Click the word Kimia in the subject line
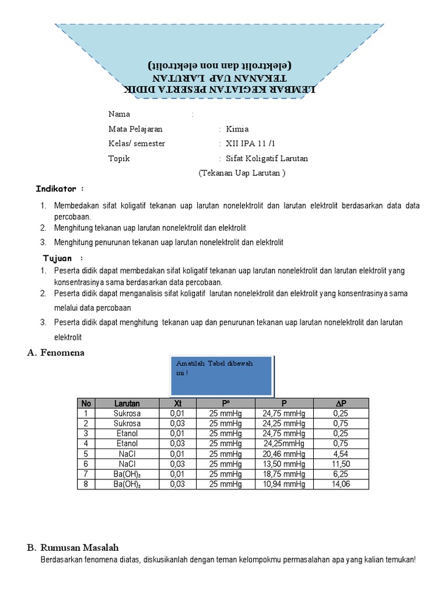point(237,129)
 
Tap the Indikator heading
point(59,189)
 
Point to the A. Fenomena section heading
point(55,352)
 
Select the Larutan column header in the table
point(127,403)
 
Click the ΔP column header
point(341,403)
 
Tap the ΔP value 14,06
point(341,484)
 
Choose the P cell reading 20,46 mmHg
point(283,453)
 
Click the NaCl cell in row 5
point(127,453)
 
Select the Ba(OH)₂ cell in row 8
point(127,484)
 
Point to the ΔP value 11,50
point(341,464)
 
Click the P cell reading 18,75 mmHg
point(283,474)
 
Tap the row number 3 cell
point(86,433)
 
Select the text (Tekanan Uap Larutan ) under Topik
point(242,173)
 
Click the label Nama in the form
point(120,114)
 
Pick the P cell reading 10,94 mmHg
point(283,484)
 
